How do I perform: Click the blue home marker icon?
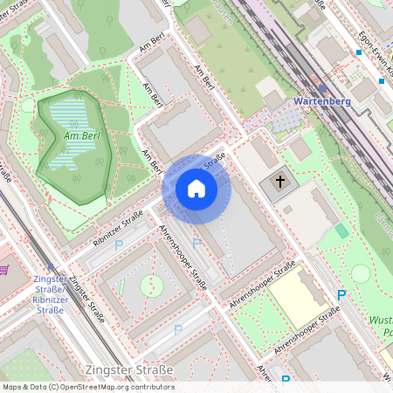pyautogui.click(x=196, y=189)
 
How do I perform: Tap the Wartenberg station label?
pyautogui.click(x=322, y=101)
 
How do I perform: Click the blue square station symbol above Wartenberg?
pyautogui.click(x=322, y=88)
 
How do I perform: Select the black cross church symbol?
pyautogui.click(x=280, y=183)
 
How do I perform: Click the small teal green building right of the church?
pyautogui.click(x=341, y=231)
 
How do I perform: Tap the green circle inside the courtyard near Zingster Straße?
pyautogui.click(x=151, y=284)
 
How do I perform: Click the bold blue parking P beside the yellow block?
pyautogui.click(x=341, y=296)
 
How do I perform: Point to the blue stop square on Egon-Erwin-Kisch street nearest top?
pyautogui.click(x=358, y=52)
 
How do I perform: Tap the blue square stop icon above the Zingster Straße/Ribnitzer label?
pyautogui.click(x=50, y=269)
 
